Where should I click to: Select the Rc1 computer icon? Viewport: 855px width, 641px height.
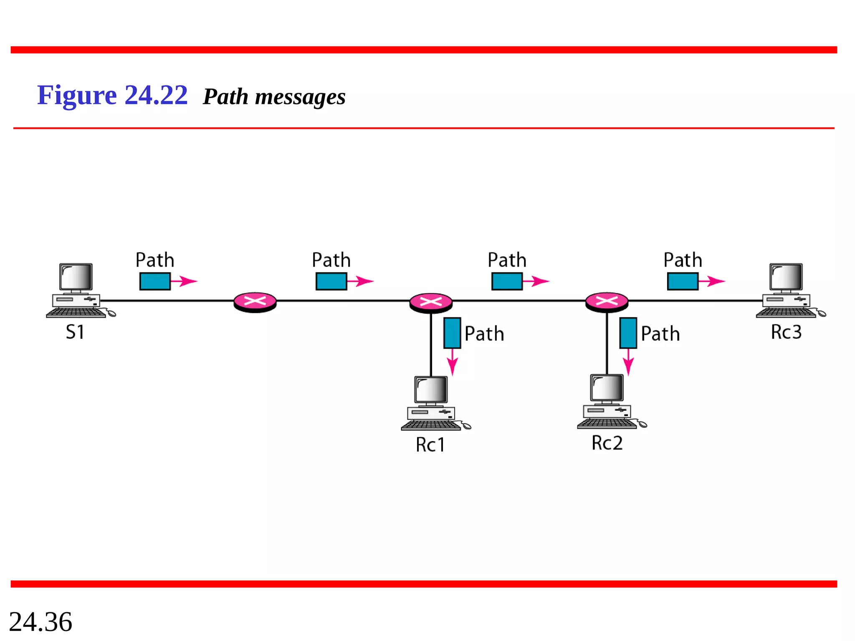coord(432,403)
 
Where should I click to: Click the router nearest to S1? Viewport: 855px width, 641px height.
coord(255,302)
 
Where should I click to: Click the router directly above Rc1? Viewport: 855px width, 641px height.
coord(431,302)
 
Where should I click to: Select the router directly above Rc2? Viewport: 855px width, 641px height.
coord(607,302)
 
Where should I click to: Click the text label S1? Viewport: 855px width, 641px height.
coord(75,332)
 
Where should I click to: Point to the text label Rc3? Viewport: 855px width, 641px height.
coord(786,332)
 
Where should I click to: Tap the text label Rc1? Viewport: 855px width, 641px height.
coord(430,445)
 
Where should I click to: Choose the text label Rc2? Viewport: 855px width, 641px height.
coord(607,443)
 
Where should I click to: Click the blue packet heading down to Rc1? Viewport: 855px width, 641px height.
coord(452,333)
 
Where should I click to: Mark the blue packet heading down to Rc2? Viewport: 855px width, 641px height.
coord(628,333)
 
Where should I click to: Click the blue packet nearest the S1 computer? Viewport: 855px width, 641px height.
coord(155,281)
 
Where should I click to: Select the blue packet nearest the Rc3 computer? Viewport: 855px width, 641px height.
coord(683,281)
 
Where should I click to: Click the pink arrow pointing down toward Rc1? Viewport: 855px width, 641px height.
coord(453,362)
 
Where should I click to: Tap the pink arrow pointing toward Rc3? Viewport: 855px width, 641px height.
coord(713,281)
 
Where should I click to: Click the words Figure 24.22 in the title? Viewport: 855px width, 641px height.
coord(112,95)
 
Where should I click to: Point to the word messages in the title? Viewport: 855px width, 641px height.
coord(300,97)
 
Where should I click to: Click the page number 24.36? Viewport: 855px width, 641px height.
coord(40,622)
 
